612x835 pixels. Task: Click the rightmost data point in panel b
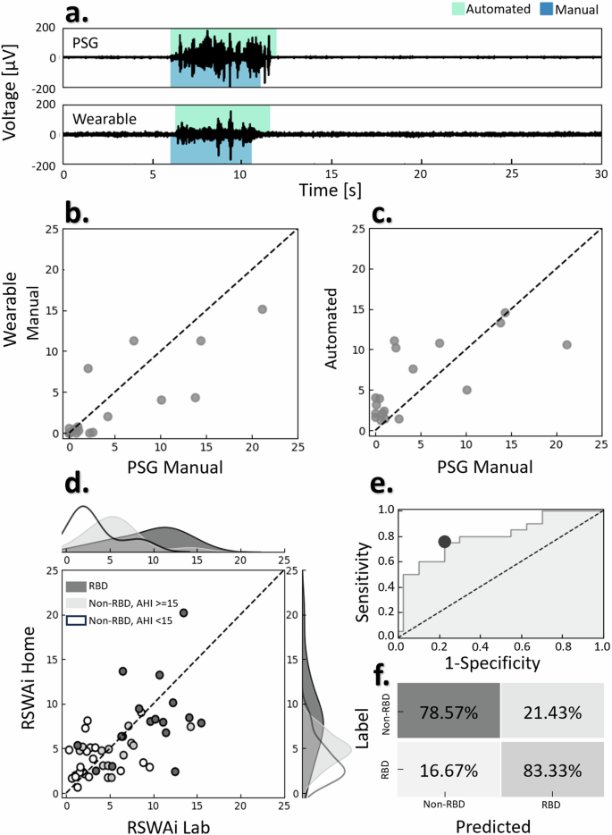click(x=262, y=309)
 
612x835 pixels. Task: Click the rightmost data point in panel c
click(x=566, y=344)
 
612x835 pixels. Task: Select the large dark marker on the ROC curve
click(x=445, y=542)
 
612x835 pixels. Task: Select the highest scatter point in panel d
click(x=184, y=613)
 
